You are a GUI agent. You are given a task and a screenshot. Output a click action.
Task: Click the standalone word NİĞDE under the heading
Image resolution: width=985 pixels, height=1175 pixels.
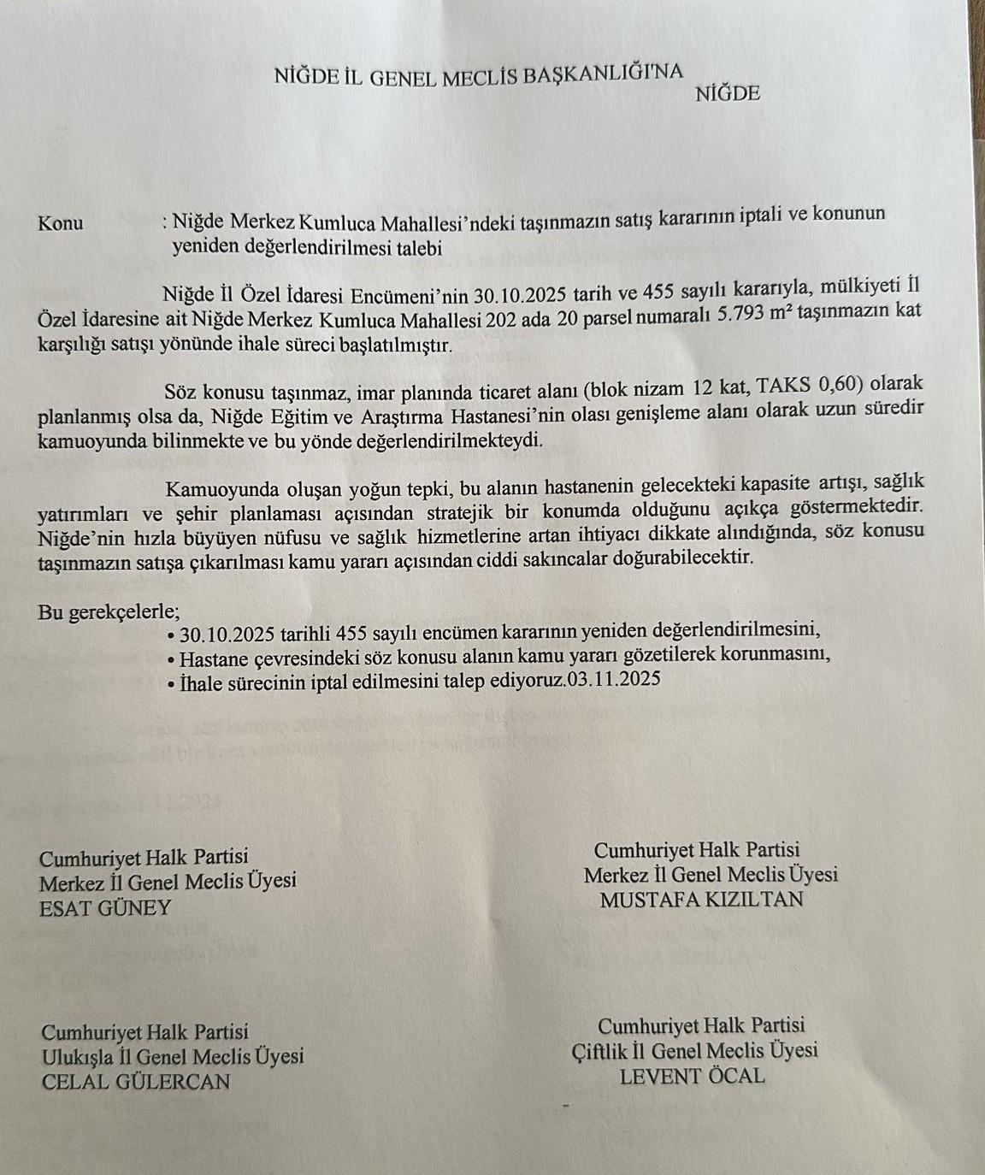coord(728,93)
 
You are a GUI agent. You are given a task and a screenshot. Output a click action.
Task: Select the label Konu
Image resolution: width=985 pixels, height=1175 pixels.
coord(61,224)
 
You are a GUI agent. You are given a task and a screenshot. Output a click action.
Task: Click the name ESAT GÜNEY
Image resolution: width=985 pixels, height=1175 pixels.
coord(105,908)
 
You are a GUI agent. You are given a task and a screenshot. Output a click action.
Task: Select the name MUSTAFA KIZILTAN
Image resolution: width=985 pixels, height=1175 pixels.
coord(701,900)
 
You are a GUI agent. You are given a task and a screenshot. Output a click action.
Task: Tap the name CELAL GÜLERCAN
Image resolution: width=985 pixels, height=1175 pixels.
coord(136,1082)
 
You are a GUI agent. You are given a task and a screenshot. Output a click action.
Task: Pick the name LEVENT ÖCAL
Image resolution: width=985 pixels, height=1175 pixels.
coord(692,1077)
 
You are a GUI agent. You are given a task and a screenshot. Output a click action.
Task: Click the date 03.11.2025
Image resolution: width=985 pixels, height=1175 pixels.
coord(613,680)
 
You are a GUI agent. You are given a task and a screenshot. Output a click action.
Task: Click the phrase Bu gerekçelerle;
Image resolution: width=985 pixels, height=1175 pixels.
coord(109,612)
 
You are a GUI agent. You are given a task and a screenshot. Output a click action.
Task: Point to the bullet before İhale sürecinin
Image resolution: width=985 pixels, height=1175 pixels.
coord(173,685)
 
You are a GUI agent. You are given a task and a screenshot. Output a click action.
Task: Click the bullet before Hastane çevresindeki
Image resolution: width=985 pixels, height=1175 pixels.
coord(172,661)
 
